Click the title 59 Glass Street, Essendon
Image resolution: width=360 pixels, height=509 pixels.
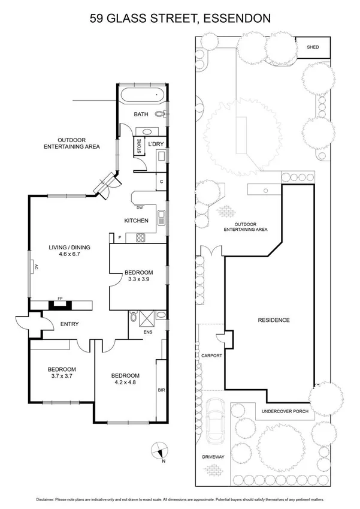pyautogui.click(x=180, y=19)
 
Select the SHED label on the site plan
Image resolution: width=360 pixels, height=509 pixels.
pyautogui.click(x=313, y=47)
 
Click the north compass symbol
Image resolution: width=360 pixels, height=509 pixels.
pyautogui.click(x=158, y=448)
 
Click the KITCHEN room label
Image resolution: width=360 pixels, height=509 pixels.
pyautogui.click(x=136, y=221)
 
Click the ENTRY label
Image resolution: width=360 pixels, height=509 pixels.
pyautogui.click(x=69, y=324)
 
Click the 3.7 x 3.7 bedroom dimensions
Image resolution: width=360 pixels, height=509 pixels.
pyautogui.click(x=62, y=377)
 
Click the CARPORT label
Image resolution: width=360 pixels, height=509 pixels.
pyautogui.click(x=212, y=356)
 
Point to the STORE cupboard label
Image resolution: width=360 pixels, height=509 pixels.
pyautogui.click(x=139, y=146)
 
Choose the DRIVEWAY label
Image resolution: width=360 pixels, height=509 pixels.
pyautogui.click(x=213, y=457)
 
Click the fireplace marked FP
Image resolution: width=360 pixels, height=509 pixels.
pyautogui.click(x=60, y=304)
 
